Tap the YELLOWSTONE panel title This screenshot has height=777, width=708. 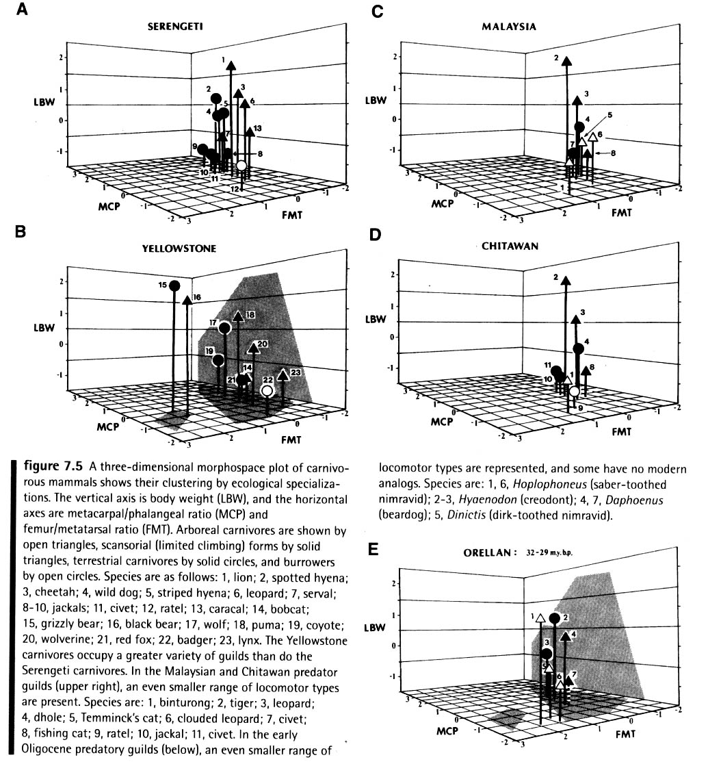(179, 249)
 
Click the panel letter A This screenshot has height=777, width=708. (21, 11)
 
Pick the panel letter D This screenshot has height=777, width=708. (373, 235)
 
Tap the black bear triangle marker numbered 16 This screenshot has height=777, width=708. (187, 300)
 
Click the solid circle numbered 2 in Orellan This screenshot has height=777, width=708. (555, 618)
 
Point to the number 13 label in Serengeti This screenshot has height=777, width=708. (257, 128)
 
